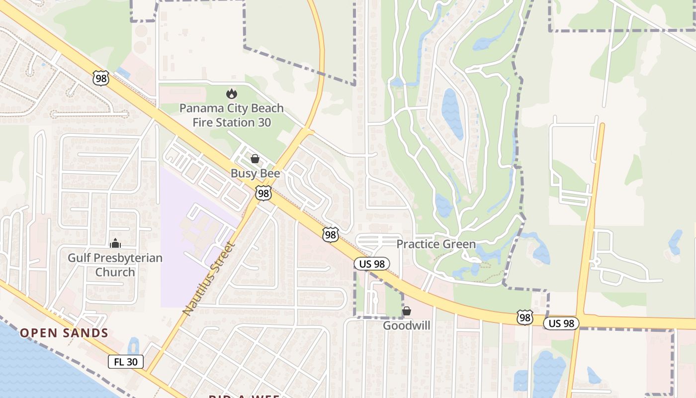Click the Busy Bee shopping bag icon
tap(255, 159)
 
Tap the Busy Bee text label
tap(255, 174)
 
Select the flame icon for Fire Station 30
tap(231, 94)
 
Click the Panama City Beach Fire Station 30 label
tap(232, 115)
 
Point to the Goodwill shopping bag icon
tap(406, 311)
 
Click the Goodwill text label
tap(406, 325)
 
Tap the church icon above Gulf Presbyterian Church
tap(115, 243)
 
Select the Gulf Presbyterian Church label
tap(115, 265)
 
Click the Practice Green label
tap(436, 244)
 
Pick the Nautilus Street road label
tap(208, 278)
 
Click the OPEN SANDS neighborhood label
tap(64, 333)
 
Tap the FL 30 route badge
tap(126, 362)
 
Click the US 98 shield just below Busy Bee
tap(263, 194)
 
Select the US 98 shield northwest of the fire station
tap(100, 78)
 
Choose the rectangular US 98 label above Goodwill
tap(372, 264)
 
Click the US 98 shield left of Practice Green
tap(331, 234)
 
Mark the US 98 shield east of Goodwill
tap(524, 317)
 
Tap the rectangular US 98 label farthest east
tap(561, 323)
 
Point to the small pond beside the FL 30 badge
tap(133, 345)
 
